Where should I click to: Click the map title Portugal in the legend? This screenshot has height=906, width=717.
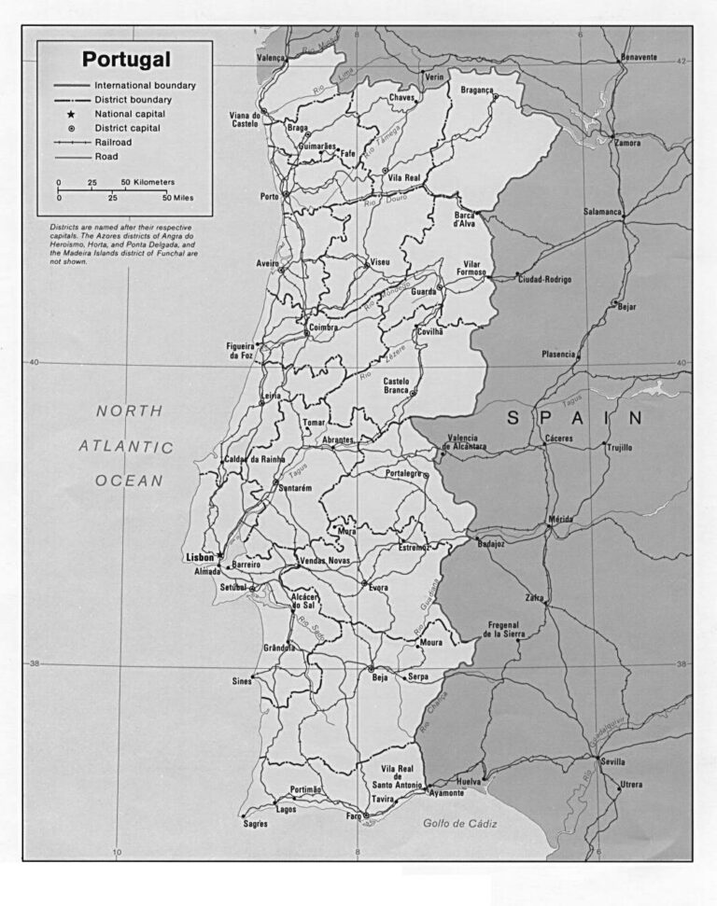(x=126, y=60)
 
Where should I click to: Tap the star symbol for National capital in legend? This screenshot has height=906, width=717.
(x=71, y=114)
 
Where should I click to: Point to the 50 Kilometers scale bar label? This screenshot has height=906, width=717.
(x=148, y=183)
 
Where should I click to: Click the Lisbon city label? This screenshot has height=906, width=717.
(x=201, y=557)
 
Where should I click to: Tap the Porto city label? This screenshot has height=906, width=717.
(x=269, y=197)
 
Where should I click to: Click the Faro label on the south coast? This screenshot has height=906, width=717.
(x=353, y=816)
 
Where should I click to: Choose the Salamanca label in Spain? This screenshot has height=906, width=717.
(x=602, y=212)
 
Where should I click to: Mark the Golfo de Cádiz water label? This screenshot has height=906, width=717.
(x=460, y=823)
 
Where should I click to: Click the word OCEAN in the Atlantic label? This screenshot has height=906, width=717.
(x=129, y=481)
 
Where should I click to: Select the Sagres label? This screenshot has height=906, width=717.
(x=255, y=824)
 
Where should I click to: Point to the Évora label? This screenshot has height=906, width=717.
(x=377, y=588)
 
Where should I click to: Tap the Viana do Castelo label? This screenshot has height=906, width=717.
(x=244, y=119)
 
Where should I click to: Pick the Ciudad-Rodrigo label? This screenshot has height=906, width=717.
(x=544, y=279)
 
